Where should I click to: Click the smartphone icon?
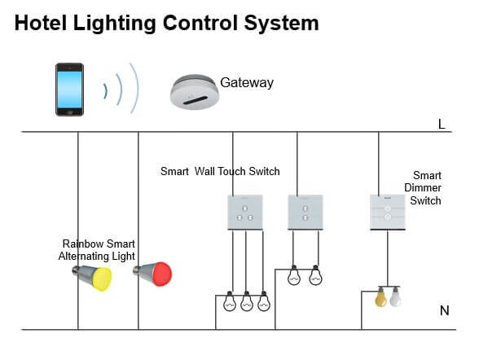click(69, 90)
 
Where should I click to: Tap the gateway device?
click(195, 92)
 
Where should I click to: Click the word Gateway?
click(247, 82)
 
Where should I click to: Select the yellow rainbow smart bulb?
click(93, 277)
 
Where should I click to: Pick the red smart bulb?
click(153, 274)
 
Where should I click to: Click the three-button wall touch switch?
click(245, 213)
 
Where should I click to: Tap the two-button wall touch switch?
click(305, 213)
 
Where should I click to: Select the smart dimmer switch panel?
click(388, 213)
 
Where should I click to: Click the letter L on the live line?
click(442, 125)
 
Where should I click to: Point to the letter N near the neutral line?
click(445, 311)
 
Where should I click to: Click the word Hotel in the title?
click(41, 23)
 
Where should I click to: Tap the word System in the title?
click(281, 24)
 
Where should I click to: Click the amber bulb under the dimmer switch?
click(380, 296)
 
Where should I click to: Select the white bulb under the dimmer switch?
click(395, 296)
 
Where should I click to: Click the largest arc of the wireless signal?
click(134, 88)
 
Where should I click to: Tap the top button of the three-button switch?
click(245, 209)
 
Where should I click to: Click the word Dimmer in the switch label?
click(423, 188)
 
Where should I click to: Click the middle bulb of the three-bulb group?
click(247, 301)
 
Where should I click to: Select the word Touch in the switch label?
click(231, 171)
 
